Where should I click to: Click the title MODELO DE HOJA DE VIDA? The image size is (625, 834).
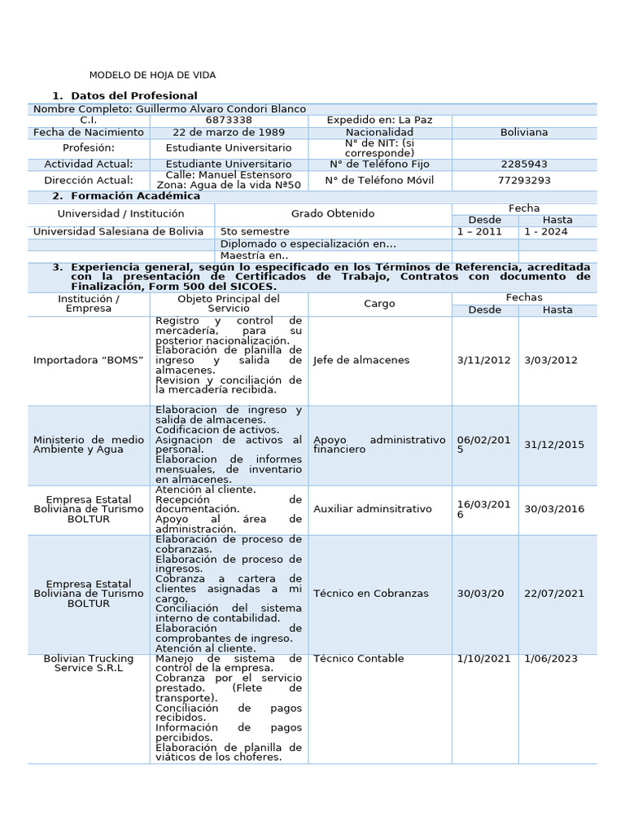click(x=152, y=75)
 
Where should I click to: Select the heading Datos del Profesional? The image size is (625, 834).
click(x=134, y=96)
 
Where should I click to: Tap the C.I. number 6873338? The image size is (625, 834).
click(x=229, y=120)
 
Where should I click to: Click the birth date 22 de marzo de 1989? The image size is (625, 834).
click(x=229, y=132)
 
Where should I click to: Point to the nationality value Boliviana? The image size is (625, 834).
click(x=524, y=132)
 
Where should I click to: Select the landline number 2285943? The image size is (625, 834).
click(x=524, y=164)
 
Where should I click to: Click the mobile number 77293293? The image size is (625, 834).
click(x=524, y=180)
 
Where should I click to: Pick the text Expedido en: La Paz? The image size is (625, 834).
click(x=379, y=120)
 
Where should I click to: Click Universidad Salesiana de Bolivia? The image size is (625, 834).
click(x=118, y=231)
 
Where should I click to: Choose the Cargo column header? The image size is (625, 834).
click(x=379, y=304)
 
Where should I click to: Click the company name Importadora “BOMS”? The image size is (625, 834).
click(x=89, y=360)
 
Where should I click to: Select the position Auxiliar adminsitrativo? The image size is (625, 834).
click(x=373, y=509)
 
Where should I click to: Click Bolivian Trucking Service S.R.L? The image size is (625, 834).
click(x=89, y=663)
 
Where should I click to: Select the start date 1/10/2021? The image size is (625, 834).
click(x=484, y=658)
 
